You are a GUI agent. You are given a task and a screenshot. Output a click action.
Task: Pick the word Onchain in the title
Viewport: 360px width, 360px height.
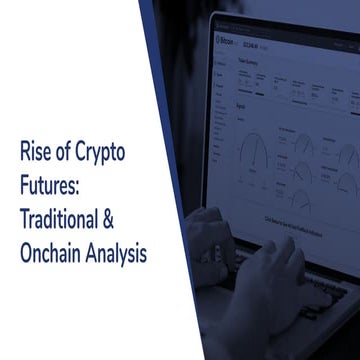click(51, 253)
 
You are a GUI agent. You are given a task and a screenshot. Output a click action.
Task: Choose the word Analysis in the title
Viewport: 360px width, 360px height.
click(117, 253)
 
